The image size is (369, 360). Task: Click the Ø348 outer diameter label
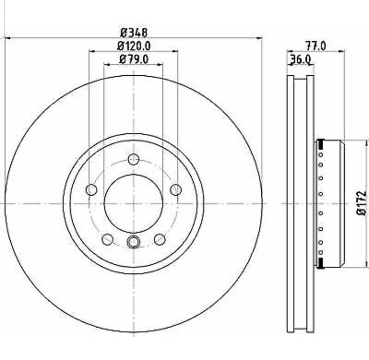click(x=133, y=32)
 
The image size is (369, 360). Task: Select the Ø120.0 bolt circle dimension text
click(x=133, y=46)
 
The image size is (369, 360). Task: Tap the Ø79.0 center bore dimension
click(x=133, y=59)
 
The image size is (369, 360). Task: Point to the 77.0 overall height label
click(x=315, y=46)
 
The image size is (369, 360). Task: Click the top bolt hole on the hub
click(x=133, y=160)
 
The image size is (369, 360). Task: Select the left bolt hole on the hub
click(x=91, y=190)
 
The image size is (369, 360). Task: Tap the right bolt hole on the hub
click(x=176, y=190)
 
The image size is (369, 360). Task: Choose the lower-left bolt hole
click(x=108, y=239)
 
